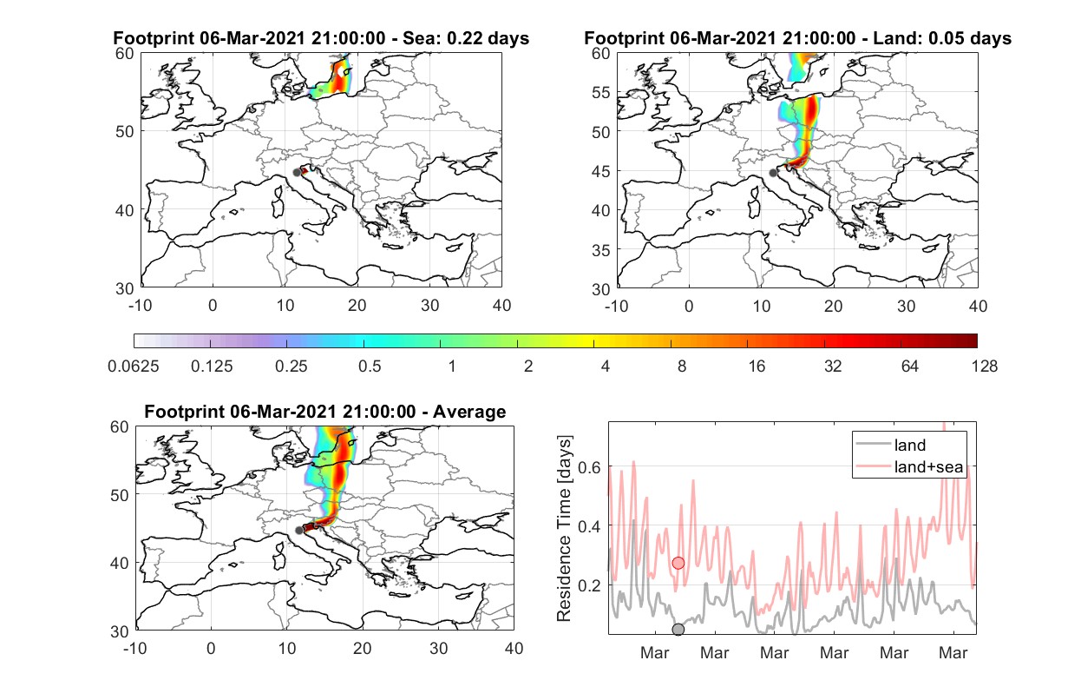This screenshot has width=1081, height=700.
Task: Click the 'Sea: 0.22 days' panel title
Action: (x=321, y=38)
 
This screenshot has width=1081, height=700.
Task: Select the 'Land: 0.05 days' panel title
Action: (x=797, y=38)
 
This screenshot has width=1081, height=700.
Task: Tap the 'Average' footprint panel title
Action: (x=325, y=412)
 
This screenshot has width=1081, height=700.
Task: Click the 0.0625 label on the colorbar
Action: (x=134, y=367)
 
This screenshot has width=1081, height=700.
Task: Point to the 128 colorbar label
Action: (x=984, y=367)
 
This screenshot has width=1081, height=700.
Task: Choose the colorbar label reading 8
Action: (x=681, y=367)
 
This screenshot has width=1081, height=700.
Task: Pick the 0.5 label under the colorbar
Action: (x=370, y=367)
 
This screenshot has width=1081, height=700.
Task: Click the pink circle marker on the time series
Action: (x=678, y=563)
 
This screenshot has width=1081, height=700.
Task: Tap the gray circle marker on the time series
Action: (x=678, y=630)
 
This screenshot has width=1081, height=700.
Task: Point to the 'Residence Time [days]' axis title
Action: (x=564, y=529)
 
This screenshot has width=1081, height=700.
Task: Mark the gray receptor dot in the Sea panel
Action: (x=297, y=173)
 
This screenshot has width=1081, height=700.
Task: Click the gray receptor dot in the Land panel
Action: (x=773, y=173)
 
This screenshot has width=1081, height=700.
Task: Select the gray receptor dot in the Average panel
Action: (x=299, y=530)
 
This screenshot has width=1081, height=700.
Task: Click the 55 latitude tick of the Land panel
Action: (x=601, y=92)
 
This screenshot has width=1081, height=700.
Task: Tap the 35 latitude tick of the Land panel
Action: (x=601, y=250)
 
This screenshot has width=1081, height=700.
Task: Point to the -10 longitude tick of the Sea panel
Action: (x=140, y=306)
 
